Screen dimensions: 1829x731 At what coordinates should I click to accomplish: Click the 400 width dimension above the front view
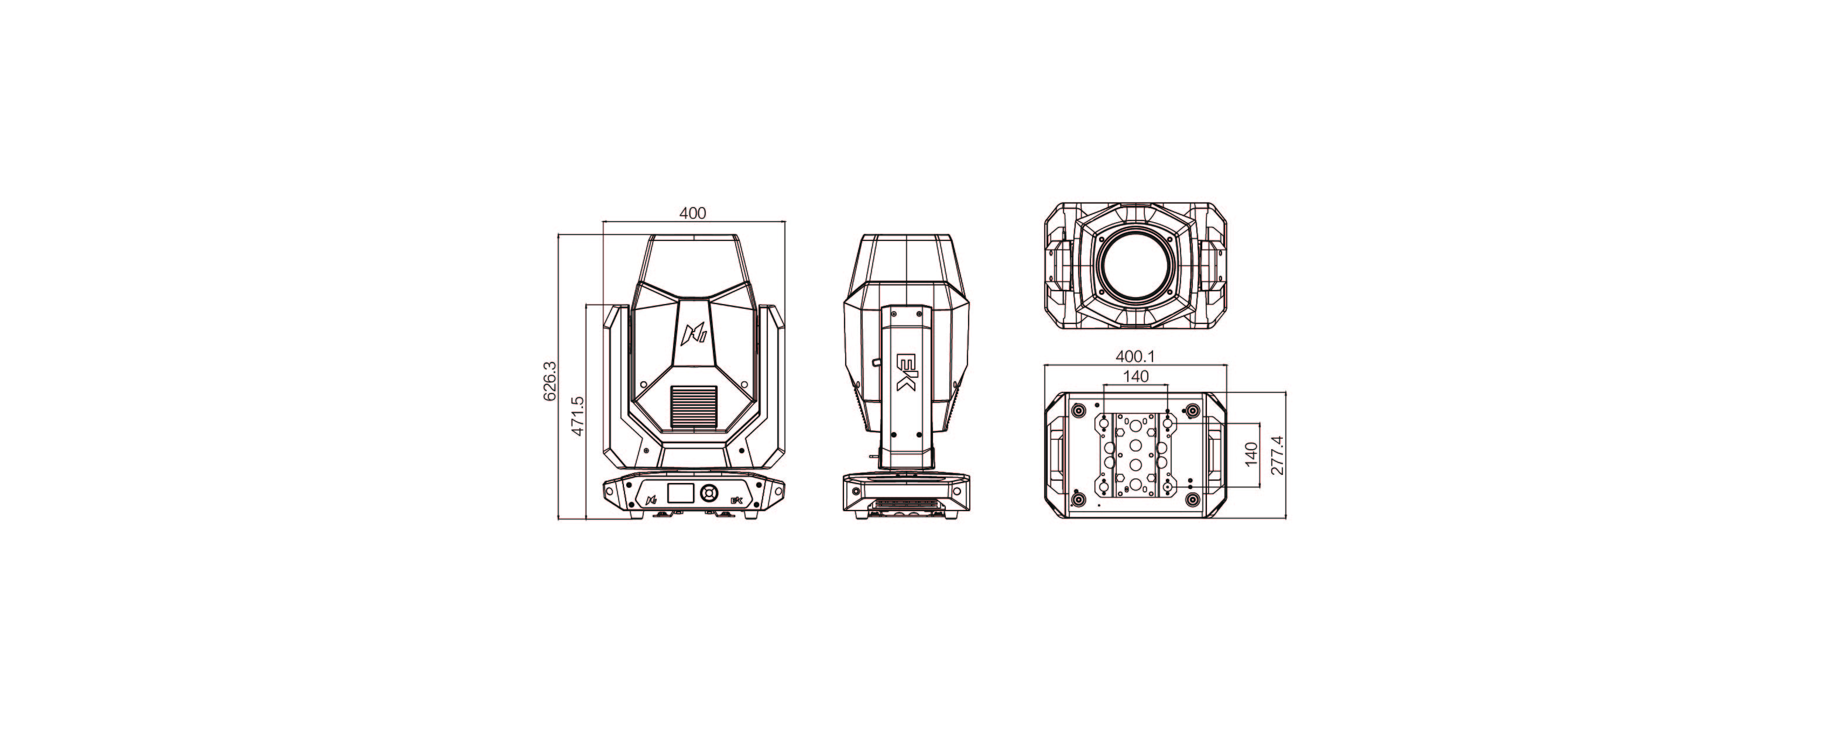click(693, 213)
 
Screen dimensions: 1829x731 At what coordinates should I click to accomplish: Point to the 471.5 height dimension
click(577, 416)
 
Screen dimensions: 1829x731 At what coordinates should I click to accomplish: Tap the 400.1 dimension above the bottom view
click(1136, 354)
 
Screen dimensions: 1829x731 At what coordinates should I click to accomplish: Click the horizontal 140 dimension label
click(1136, 377)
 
